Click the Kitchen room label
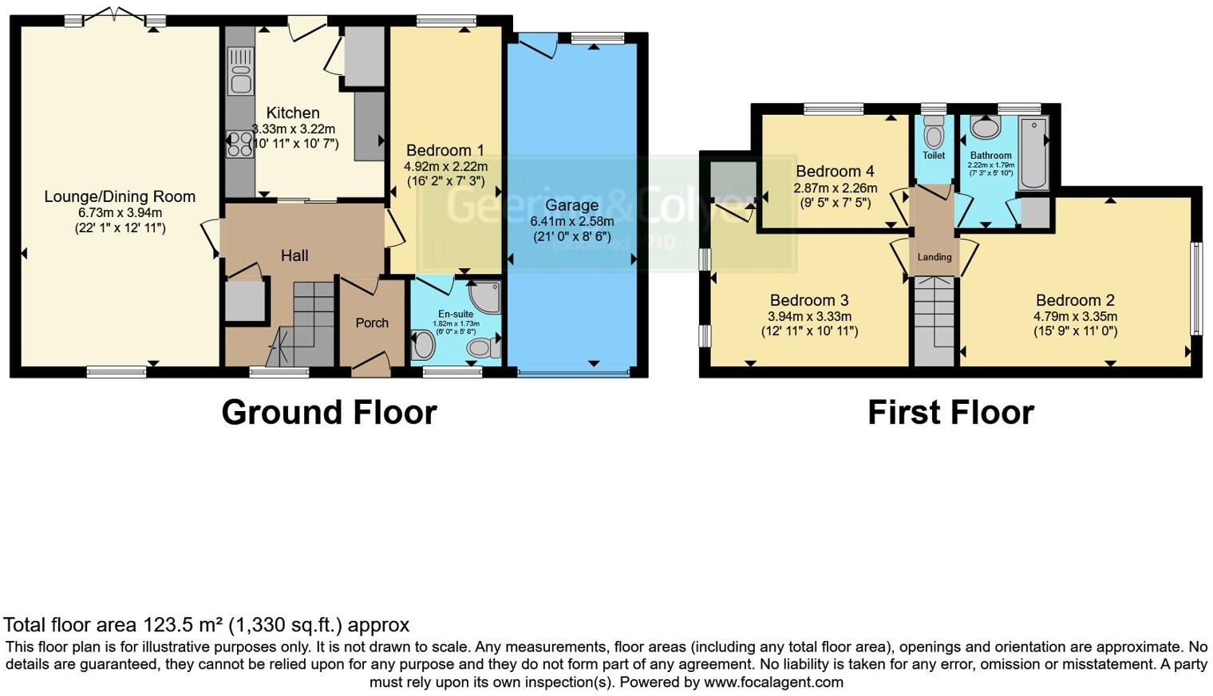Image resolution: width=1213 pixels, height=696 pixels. pos(293,113)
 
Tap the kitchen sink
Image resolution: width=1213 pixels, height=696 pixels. pos(239,70)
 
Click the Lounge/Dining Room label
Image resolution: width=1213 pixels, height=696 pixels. pos(120,196)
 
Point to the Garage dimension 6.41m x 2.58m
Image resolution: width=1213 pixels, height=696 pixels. pos(572,222)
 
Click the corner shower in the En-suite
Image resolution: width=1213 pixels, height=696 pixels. pos(485,297)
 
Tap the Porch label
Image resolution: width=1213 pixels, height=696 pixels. pos(372,322)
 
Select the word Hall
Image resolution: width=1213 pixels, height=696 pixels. pos(294,255)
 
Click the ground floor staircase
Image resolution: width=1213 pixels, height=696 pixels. pos(307,323)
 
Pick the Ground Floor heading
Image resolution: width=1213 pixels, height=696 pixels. pos(329,413)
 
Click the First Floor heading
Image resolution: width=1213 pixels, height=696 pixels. pos(950,413)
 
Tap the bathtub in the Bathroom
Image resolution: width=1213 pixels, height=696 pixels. pos(1033,152)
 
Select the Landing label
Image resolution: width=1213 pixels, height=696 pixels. pos(934,257)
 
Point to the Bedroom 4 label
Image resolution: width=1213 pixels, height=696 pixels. pos(835,171)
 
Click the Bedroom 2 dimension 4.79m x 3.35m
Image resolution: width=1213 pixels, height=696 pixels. pos(1075,316)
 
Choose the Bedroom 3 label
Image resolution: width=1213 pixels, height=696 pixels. pos(809,300)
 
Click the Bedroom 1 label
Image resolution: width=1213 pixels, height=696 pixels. pos(445,150)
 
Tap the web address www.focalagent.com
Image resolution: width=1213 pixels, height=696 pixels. pos(773,682)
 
